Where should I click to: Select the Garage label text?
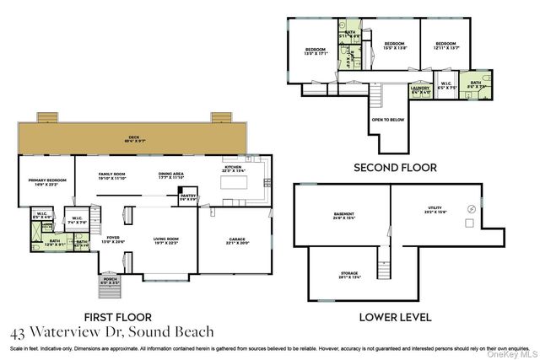tap(237, 240)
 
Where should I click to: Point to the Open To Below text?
tap(387, 120)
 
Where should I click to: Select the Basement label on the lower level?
tap(344, 215)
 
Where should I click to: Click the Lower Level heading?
tap(396, 318)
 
